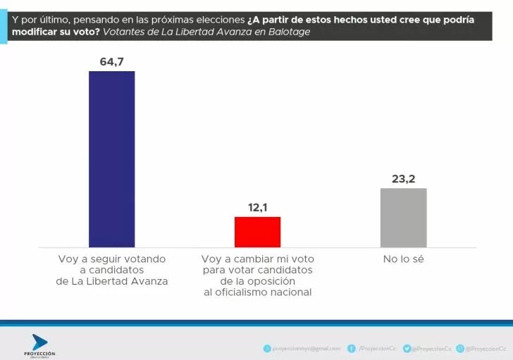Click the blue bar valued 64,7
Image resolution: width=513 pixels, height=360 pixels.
111,159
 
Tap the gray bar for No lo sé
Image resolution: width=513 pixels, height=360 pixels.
403,217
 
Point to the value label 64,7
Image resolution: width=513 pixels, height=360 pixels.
111,62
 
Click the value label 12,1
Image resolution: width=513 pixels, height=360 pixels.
257,208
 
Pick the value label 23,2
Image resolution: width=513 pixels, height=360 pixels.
403,179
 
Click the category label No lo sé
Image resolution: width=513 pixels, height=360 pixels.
403,259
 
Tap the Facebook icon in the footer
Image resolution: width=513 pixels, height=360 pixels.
351,348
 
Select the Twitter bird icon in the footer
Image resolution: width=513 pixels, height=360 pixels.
407,348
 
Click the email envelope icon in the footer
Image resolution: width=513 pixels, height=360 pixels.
266,348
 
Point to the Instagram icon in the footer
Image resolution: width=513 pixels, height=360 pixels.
459,348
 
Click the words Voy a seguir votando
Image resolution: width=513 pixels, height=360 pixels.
111,259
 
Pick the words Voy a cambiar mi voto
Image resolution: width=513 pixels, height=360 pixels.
257,259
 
